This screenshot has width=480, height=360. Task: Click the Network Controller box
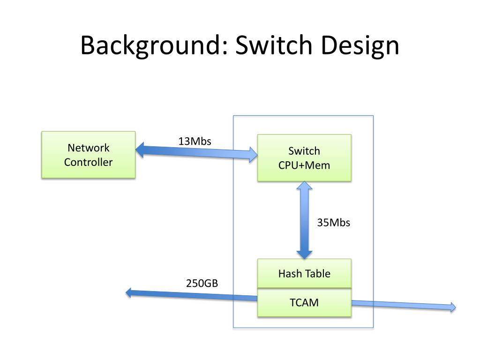tap(89, 155)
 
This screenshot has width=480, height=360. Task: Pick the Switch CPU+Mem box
tap(304, 158)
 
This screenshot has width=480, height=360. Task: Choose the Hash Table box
tap(304, 273)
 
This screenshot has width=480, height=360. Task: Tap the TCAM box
tap(304, 302)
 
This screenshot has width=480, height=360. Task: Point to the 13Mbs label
tap(195, 141)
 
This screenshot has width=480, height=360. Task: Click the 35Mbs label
tap(333, 223)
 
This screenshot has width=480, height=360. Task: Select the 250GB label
tap(202, 283)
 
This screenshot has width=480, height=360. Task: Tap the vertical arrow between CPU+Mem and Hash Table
tap(304, 220)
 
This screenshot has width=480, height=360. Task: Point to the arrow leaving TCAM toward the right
tap(404, 305)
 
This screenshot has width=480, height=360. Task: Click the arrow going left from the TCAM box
tap(192, 295)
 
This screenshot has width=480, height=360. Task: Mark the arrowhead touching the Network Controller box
tap(140, 150)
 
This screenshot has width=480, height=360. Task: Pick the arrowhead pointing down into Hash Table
tap(304, 255)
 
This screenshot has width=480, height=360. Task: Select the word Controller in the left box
tap(89, 162)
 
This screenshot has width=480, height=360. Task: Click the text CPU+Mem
tap(304, 165)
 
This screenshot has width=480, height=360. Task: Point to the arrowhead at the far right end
tap(453, 307)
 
